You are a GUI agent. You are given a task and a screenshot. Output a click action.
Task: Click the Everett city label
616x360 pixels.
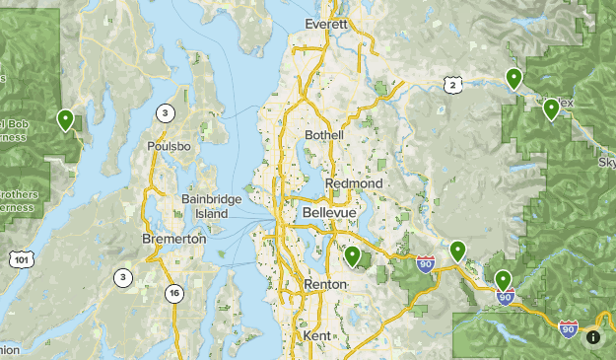[327, 24]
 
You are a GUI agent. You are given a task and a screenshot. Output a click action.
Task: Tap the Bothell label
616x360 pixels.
[324, 134]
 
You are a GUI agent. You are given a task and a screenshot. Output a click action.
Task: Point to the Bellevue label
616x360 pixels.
[327, 213]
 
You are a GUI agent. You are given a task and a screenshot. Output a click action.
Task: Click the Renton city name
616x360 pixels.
[325, 284]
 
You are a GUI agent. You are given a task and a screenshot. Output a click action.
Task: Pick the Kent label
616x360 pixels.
[317, 336]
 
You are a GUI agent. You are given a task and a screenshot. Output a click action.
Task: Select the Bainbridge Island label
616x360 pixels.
[204, 205]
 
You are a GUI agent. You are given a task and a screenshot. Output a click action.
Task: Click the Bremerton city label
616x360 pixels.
[173, 239]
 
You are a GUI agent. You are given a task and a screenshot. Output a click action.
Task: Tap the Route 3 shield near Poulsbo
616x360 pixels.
[165, 112]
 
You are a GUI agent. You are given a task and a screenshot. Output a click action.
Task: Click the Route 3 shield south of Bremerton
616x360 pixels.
[122, 277]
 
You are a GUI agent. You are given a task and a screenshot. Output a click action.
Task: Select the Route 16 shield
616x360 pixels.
[173, 292]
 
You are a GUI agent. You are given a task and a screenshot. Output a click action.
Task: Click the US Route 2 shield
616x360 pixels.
[452, 86]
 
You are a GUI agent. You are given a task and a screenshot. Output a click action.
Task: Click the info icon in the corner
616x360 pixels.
[593, 337]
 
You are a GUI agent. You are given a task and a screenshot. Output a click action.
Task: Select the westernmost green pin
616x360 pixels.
[65, 119]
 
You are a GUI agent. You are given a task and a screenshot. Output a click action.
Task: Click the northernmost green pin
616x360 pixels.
[513, 78]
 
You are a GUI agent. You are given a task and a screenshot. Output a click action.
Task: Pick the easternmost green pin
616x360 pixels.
[551, 108]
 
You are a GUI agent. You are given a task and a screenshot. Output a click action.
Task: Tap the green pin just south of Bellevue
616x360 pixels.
[352, 255]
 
